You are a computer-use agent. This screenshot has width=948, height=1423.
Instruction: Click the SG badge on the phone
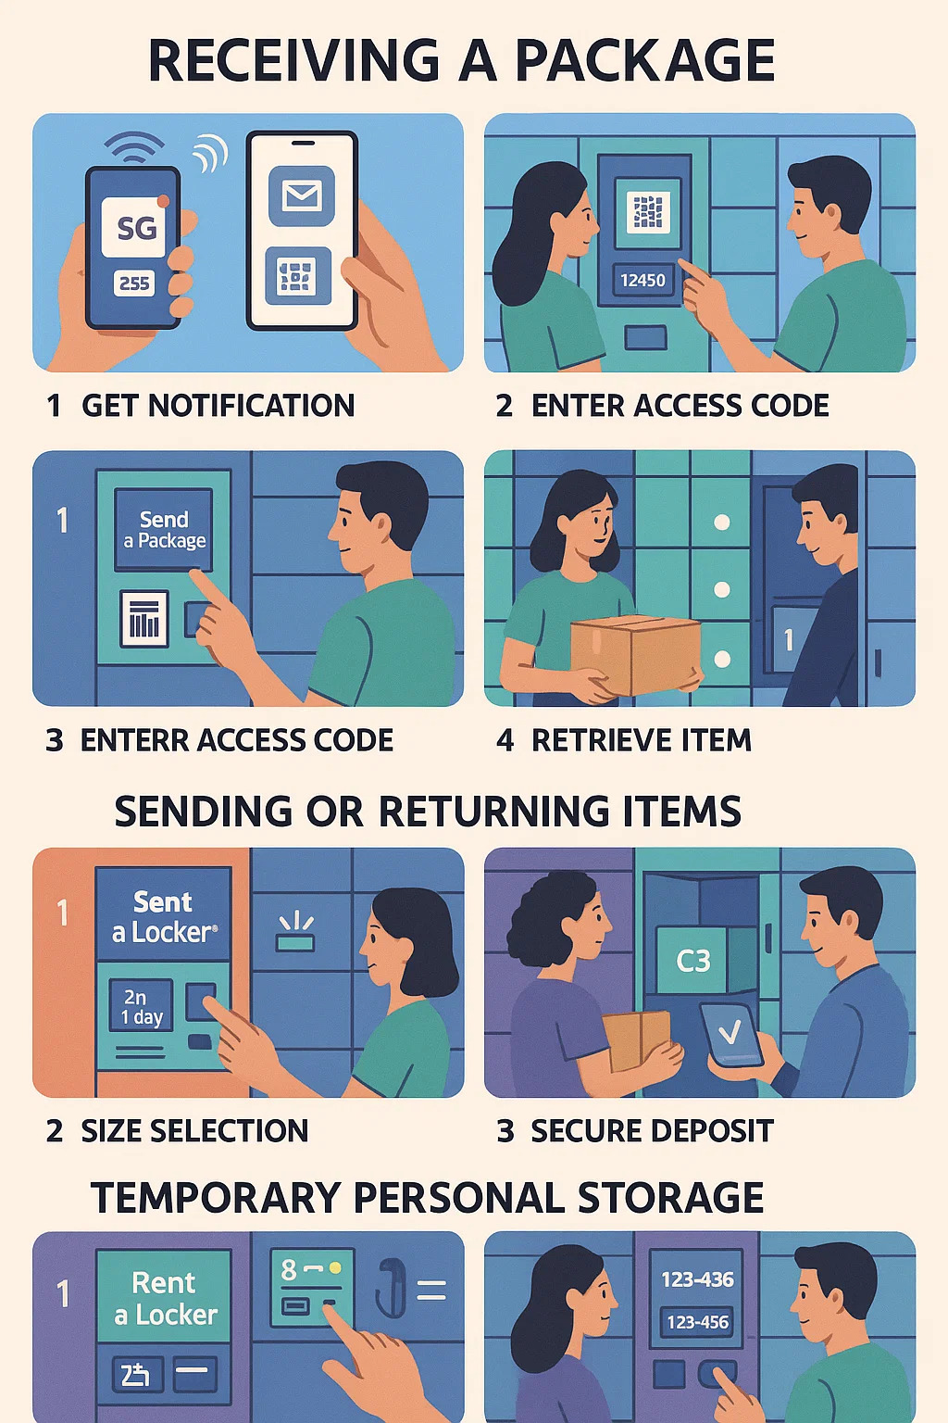point(137,227)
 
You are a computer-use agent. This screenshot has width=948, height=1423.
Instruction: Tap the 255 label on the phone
point(134,283)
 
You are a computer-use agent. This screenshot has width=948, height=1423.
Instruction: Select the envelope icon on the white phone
point(302,195)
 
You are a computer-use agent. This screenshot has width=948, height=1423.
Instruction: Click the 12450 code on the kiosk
point(642,279)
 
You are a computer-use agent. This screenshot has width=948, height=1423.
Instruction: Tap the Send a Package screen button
point(164,530)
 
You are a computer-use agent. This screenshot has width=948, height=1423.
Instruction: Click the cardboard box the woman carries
point(634,653)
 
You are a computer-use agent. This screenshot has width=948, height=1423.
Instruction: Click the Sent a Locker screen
point(164,916)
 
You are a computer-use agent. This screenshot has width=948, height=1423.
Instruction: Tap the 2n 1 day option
point(142,1007)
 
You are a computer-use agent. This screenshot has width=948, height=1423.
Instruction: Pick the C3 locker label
point(692,961)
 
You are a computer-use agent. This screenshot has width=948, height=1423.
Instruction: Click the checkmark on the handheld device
point(730,1032)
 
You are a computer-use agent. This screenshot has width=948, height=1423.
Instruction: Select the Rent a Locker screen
point(165,1298)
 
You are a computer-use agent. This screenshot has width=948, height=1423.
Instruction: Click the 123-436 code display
point(697,1279)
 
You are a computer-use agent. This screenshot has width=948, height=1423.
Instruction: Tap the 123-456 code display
point(697,1322)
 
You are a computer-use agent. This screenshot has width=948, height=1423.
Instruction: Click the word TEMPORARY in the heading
point(216,1198)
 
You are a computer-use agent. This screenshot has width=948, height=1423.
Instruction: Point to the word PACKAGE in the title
point(644,61)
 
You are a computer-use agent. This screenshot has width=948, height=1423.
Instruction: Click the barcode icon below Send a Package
point(144,618)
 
